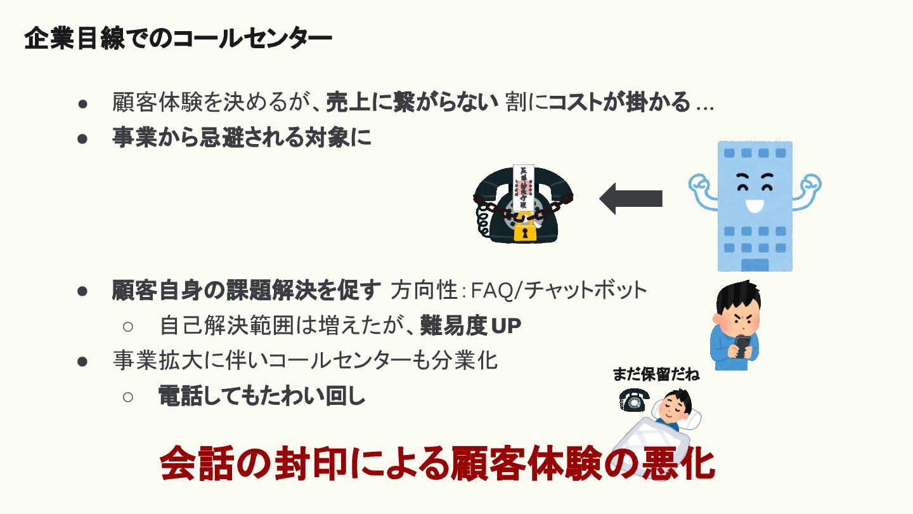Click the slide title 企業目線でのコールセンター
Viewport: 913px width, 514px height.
(178, 39)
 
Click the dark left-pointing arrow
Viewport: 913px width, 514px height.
(631, 199)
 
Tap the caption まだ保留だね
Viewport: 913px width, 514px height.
(656, 374)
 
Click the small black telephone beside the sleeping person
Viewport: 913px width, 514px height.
(633, 400)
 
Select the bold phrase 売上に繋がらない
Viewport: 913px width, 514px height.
(412, 102)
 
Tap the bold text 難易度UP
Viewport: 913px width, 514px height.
(470, 326)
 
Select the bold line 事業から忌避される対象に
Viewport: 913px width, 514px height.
(242, 138)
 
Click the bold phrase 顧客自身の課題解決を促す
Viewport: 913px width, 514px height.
(247, 291)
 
